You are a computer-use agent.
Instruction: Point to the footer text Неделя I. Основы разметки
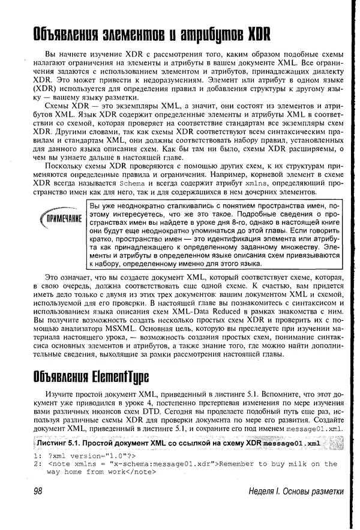point(296,492)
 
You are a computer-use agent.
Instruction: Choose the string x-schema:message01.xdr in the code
point(161,463)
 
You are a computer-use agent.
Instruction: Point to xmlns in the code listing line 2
point(84,463)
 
